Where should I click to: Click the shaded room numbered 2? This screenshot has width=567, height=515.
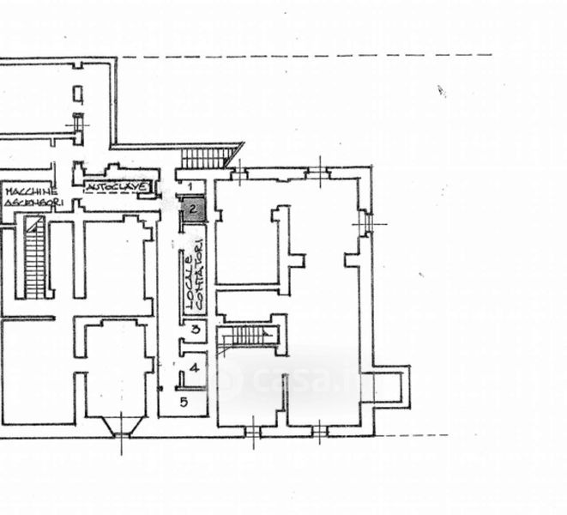point(193,209)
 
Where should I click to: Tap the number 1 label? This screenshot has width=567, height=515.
point(192,186)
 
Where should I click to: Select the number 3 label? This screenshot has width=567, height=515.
point(196,328)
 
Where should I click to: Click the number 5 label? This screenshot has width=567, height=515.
point(183,401)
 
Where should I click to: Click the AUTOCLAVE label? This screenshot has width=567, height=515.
point(120,186)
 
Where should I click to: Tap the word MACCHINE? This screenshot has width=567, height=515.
point(29,191)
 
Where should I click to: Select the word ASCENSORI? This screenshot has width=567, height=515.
point(31,202)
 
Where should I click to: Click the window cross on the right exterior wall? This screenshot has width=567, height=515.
point(369,223)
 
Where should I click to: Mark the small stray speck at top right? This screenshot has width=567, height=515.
point(443,90)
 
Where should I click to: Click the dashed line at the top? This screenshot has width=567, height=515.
point(300,57)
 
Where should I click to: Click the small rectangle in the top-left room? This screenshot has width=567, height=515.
point(78,94)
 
